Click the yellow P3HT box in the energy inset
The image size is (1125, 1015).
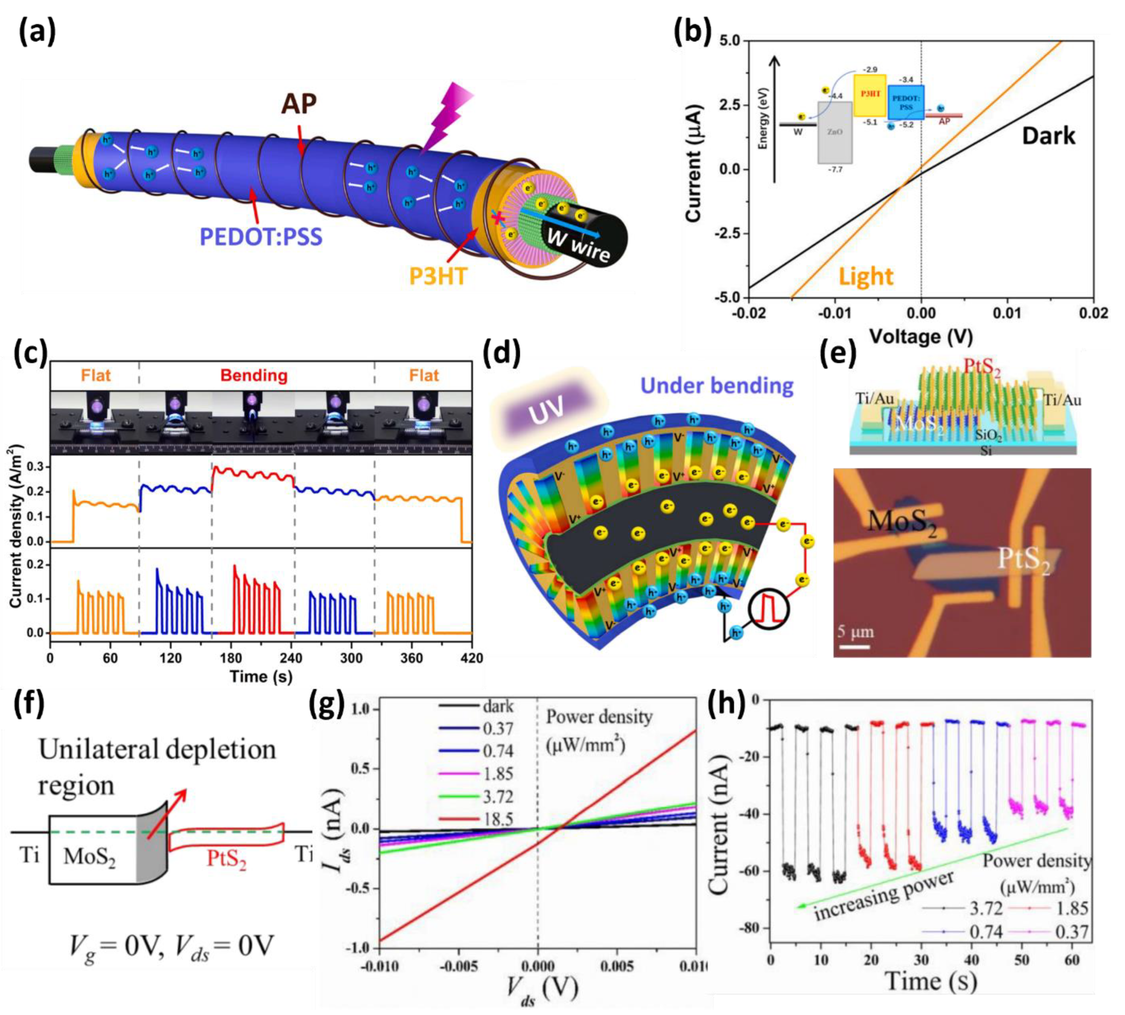pyautogui.click(x=870, y=95)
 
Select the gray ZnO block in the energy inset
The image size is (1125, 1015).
pyautogui.click(x=835, y=132)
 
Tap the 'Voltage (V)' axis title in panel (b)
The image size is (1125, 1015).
pyautogui.click(x=921, y=336)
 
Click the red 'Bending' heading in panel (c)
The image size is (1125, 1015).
pyautogui.click(x=254, y=375)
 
